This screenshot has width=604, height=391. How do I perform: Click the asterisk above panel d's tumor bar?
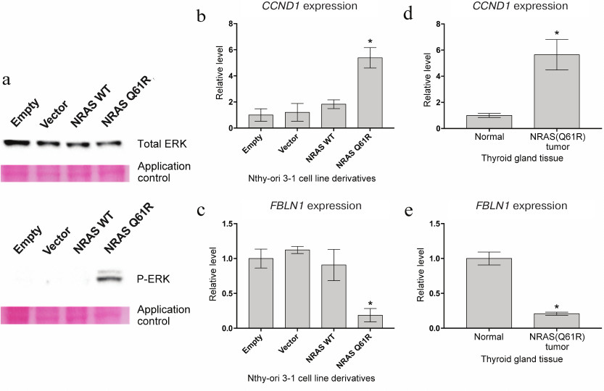click(x=557, y=33)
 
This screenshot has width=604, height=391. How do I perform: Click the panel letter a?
click(x=7, y=80)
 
